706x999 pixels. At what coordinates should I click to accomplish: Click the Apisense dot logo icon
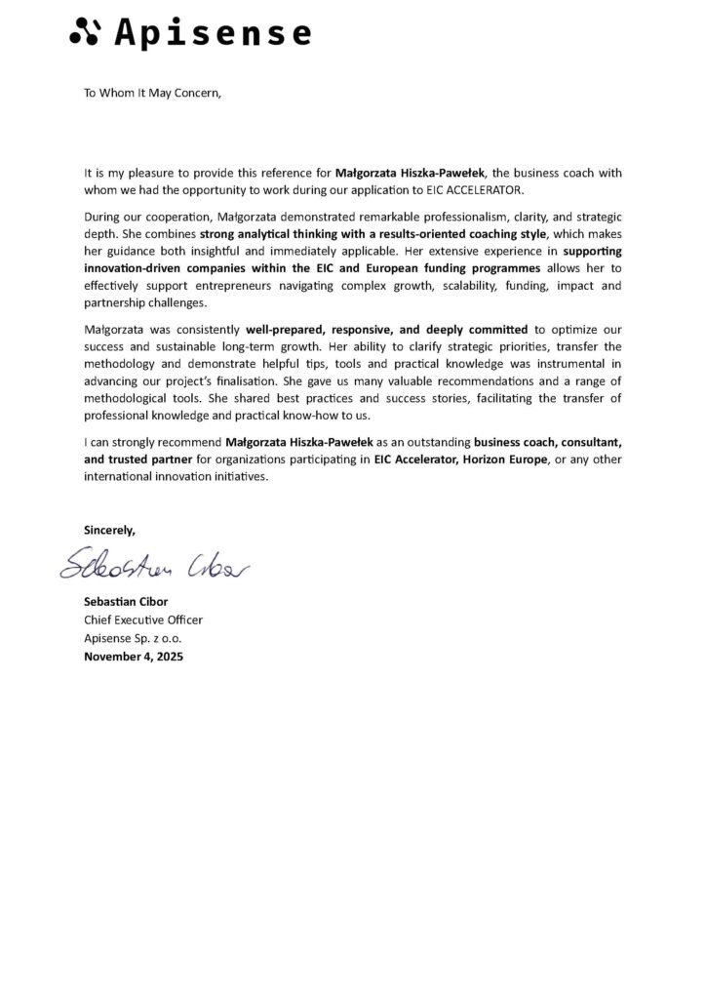click(84, 33)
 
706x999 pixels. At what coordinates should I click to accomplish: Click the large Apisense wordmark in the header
click(213, 34)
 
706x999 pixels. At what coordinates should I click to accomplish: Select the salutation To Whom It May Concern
click(153, 94)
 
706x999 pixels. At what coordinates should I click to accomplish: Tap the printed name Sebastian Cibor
click(128, 603)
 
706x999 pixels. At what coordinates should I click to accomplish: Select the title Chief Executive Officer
click(144, 620)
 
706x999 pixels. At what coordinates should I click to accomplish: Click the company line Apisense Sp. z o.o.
click(133, 638)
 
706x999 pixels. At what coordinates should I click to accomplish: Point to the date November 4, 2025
click(134, 656)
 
